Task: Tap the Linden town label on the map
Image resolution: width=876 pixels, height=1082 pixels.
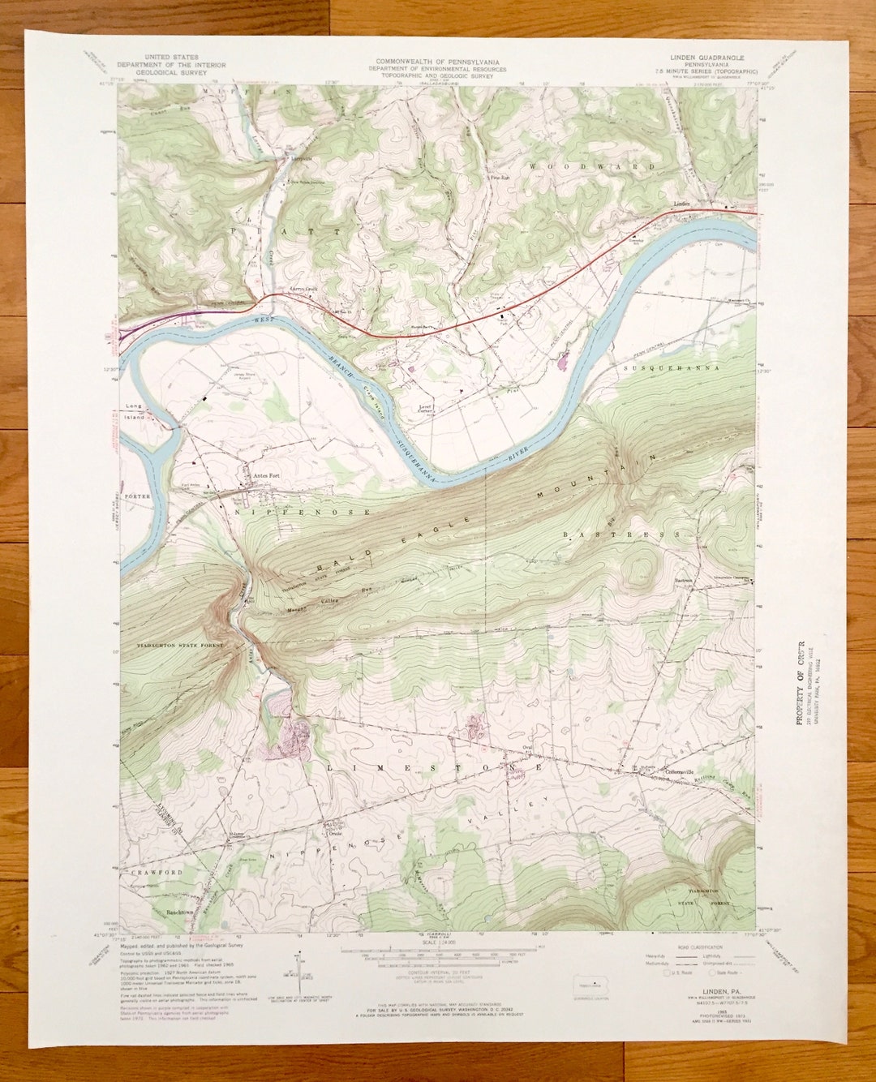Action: [x=681, y=204]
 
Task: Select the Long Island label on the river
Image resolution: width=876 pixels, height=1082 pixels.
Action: [x=135, y=412]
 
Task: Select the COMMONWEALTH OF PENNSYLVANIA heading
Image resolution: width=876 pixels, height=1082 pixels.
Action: [x=437, y=62]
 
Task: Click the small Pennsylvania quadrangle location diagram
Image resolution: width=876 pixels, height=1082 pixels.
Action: [x=595, y=985]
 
